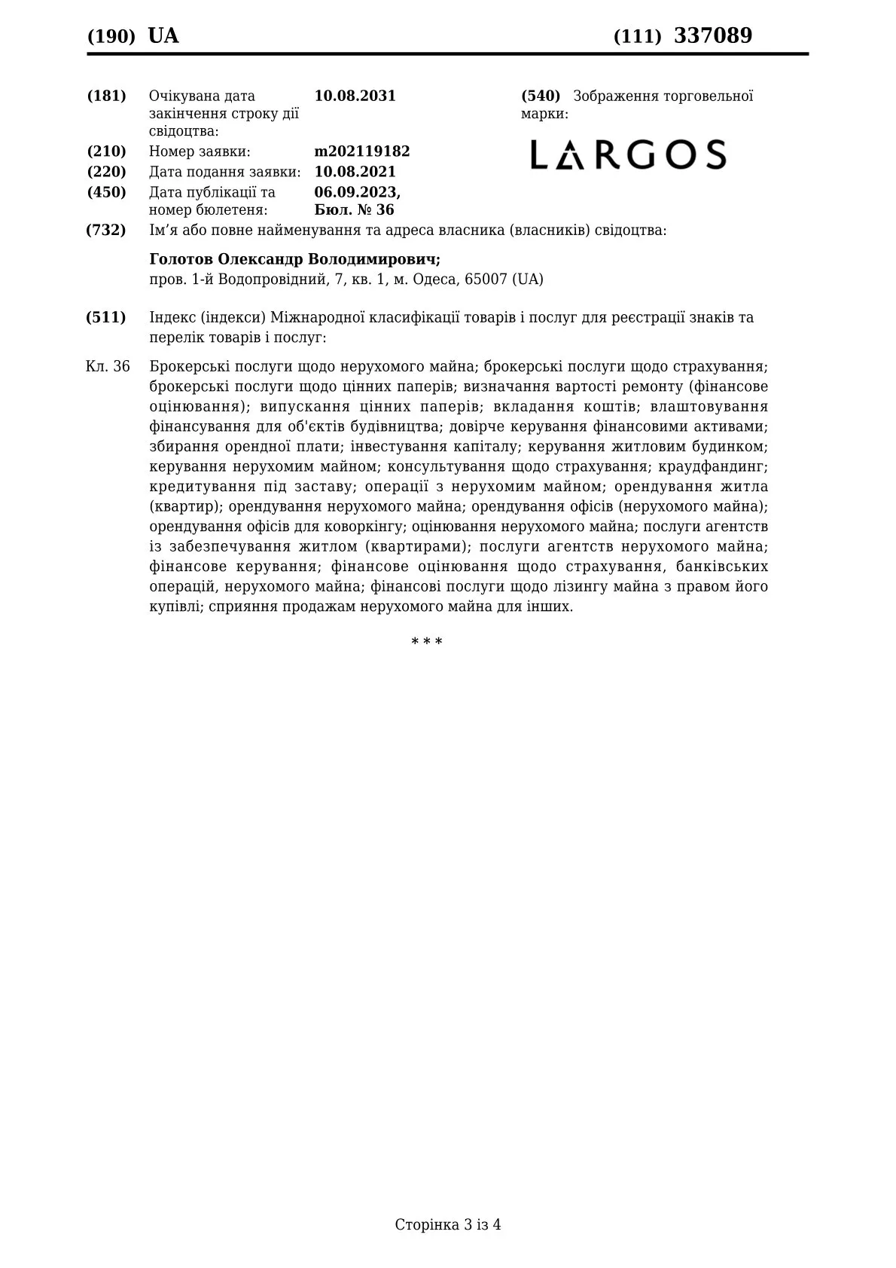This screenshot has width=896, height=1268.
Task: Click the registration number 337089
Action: click(x=712, y=35)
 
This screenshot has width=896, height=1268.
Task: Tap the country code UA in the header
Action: click(x=163, y=35)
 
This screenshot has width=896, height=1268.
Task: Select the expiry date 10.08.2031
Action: click(x=355, y=96)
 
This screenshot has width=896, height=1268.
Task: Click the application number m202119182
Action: click(x=361, y=151)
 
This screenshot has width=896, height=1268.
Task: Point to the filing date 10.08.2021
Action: click(x=355, y=172)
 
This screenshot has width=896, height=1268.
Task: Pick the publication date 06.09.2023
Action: click(x=357, y=192)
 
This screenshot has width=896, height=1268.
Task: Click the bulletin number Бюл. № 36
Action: click(x=354, y=210)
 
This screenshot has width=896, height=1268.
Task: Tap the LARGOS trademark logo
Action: click(x=628, y=154)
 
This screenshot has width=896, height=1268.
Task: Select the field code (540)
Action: click(x=541, y=96)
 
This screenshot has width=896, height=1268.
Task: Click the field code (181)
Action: click(x=106, y=96)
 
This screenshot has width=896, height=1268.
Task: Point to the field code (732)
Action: click(x=106, y=230)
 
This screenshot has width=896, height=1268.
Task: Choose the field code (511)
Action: click(x=106, y=317)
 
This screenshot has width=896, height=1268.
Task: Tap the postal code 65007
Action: click(x=486, y=280)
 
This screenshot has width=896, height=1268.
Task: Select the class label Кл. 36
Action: click(x=108, y=367)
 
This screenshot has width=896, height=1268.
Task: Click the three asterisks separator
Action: click(x=426, y=642)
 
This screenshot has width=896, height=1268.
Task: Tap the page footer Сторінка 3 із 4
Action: click(x=447, y=1224)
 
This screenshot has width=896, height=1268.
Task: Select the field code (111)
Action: click(x=637, y=36)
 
